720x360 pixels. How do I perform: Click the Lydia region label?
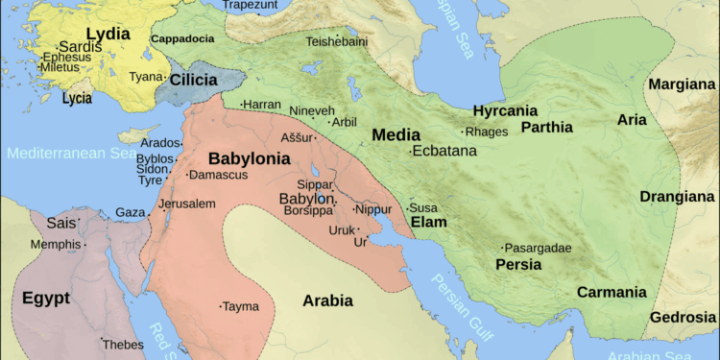click(108, 33)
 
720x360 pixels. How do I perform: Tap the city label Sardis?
click(80, 46)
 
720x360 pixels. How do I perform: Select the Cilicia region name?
click(195, 80)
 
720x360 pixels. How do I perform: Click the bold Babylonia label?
click(249, 158)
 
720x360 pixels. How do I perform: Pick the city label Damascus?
click(218, 175)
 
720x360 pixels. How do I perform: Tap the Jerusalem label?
click(187, 204)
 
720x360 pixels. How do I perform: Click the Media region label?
click(396, 134)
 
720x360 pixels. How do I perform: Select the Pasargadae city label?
click(538, 248)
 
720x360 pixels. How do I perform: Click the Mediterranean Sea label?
click(69, 153)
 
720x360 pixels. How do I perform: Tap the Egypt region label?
click(46, 298)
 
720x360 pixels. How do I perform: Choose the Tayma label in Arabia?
click(240, 306)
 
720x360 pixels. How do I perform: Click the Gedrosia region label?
click(684, 317)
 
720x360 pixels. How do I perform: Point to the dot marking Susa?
click(407, 208)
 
